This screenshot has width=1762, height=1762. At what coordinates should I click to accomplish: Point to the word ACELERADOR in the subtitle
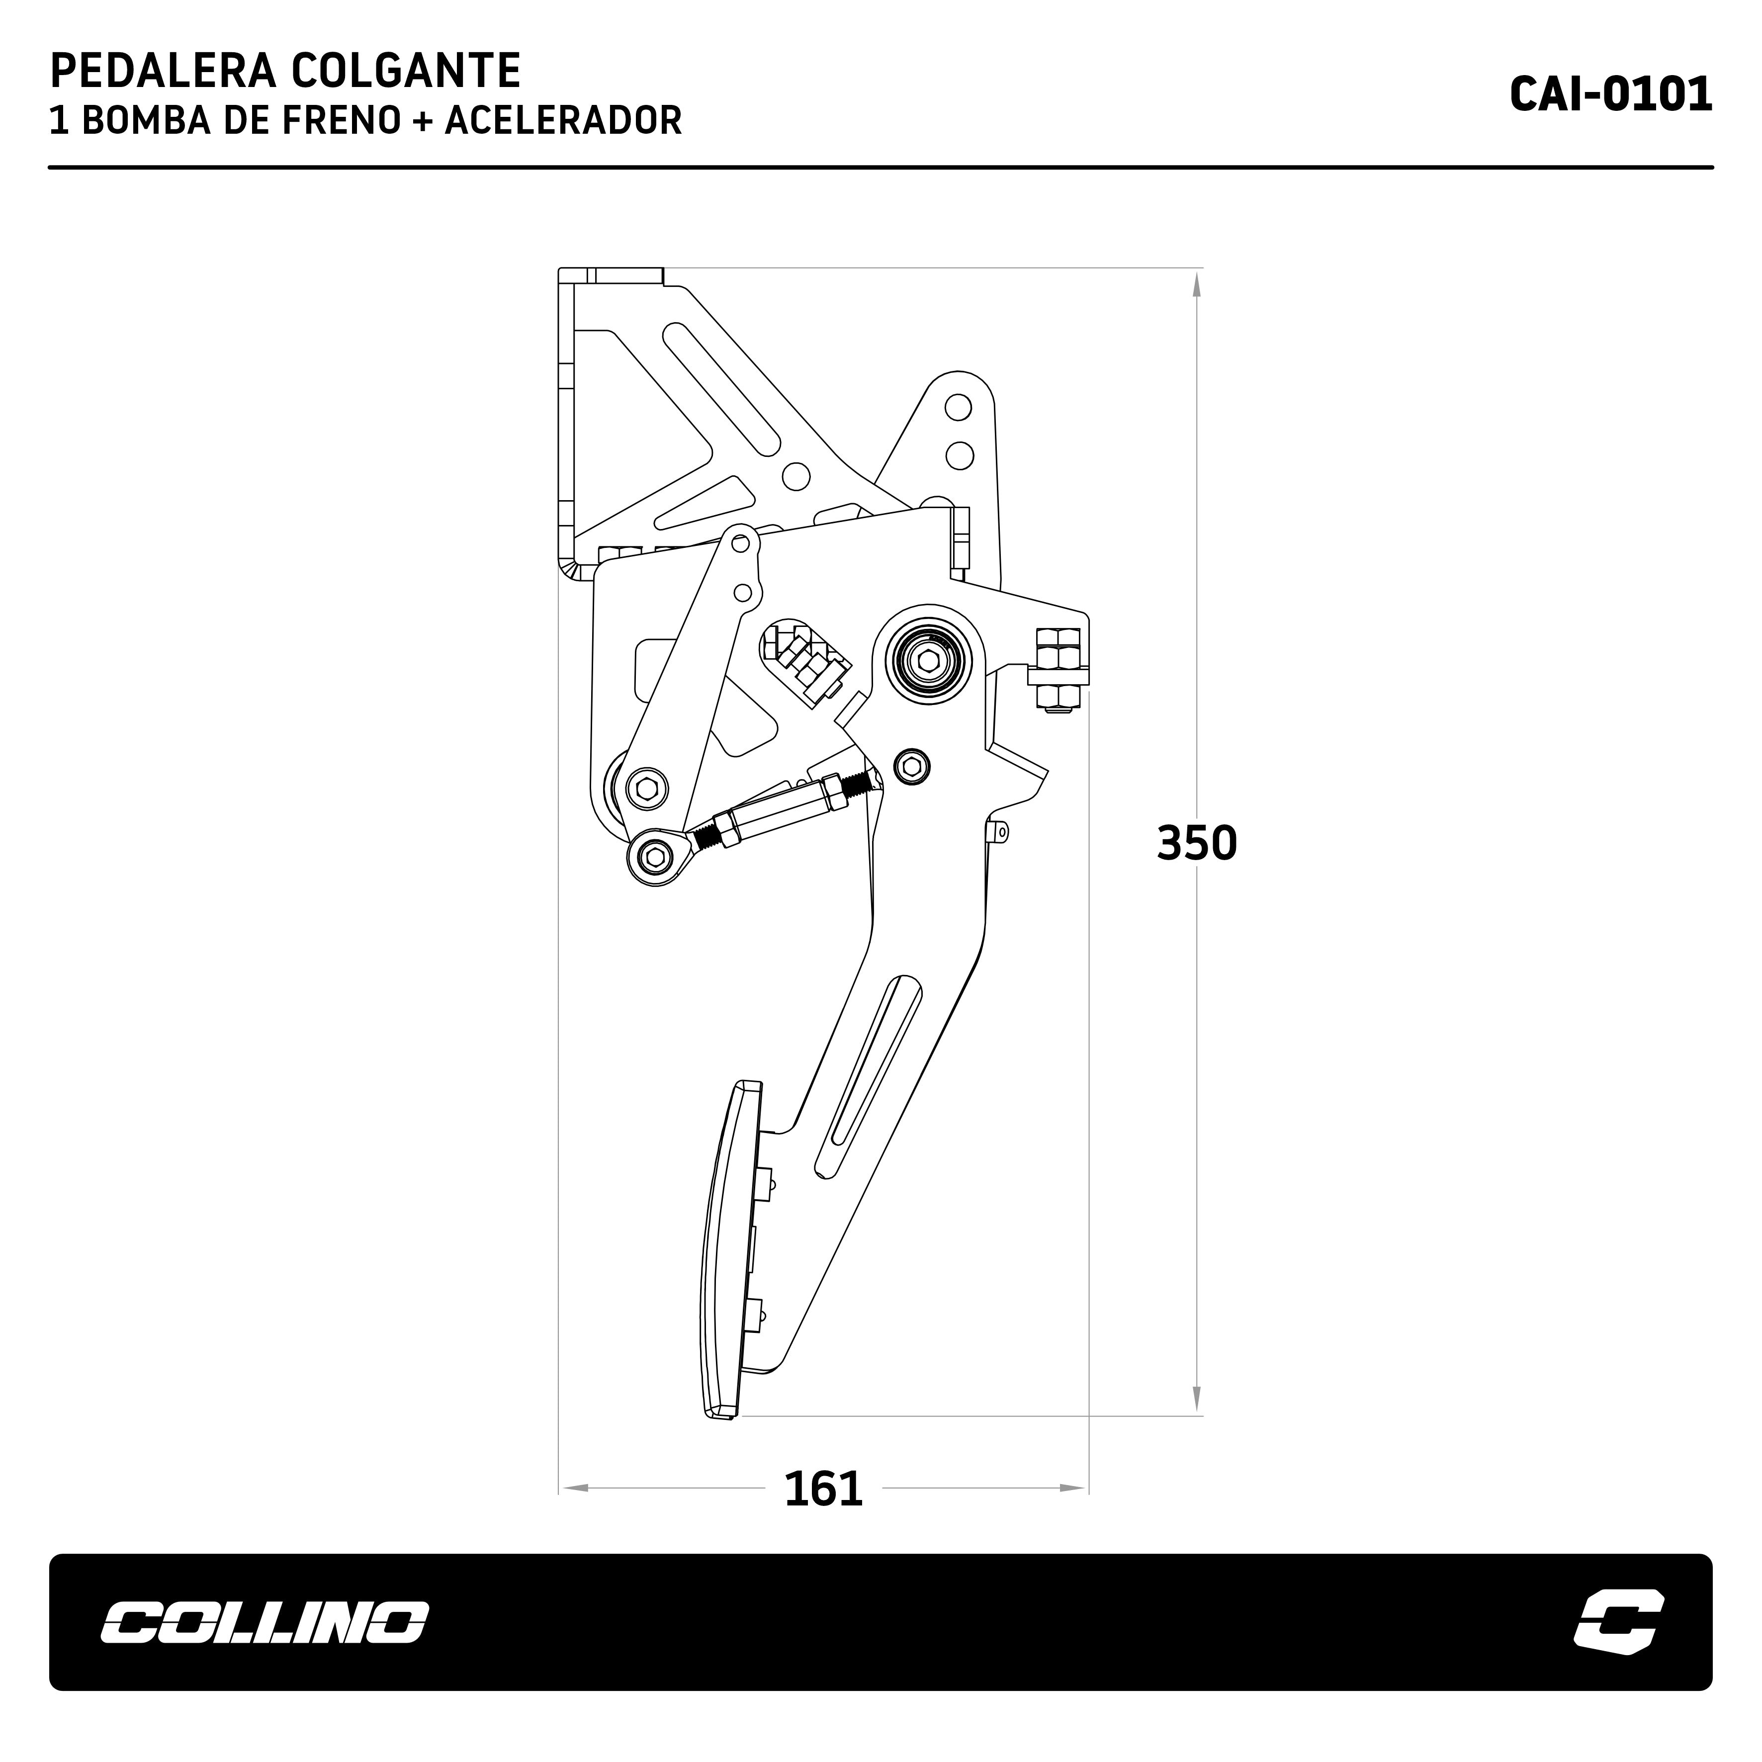coord(563,121)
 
